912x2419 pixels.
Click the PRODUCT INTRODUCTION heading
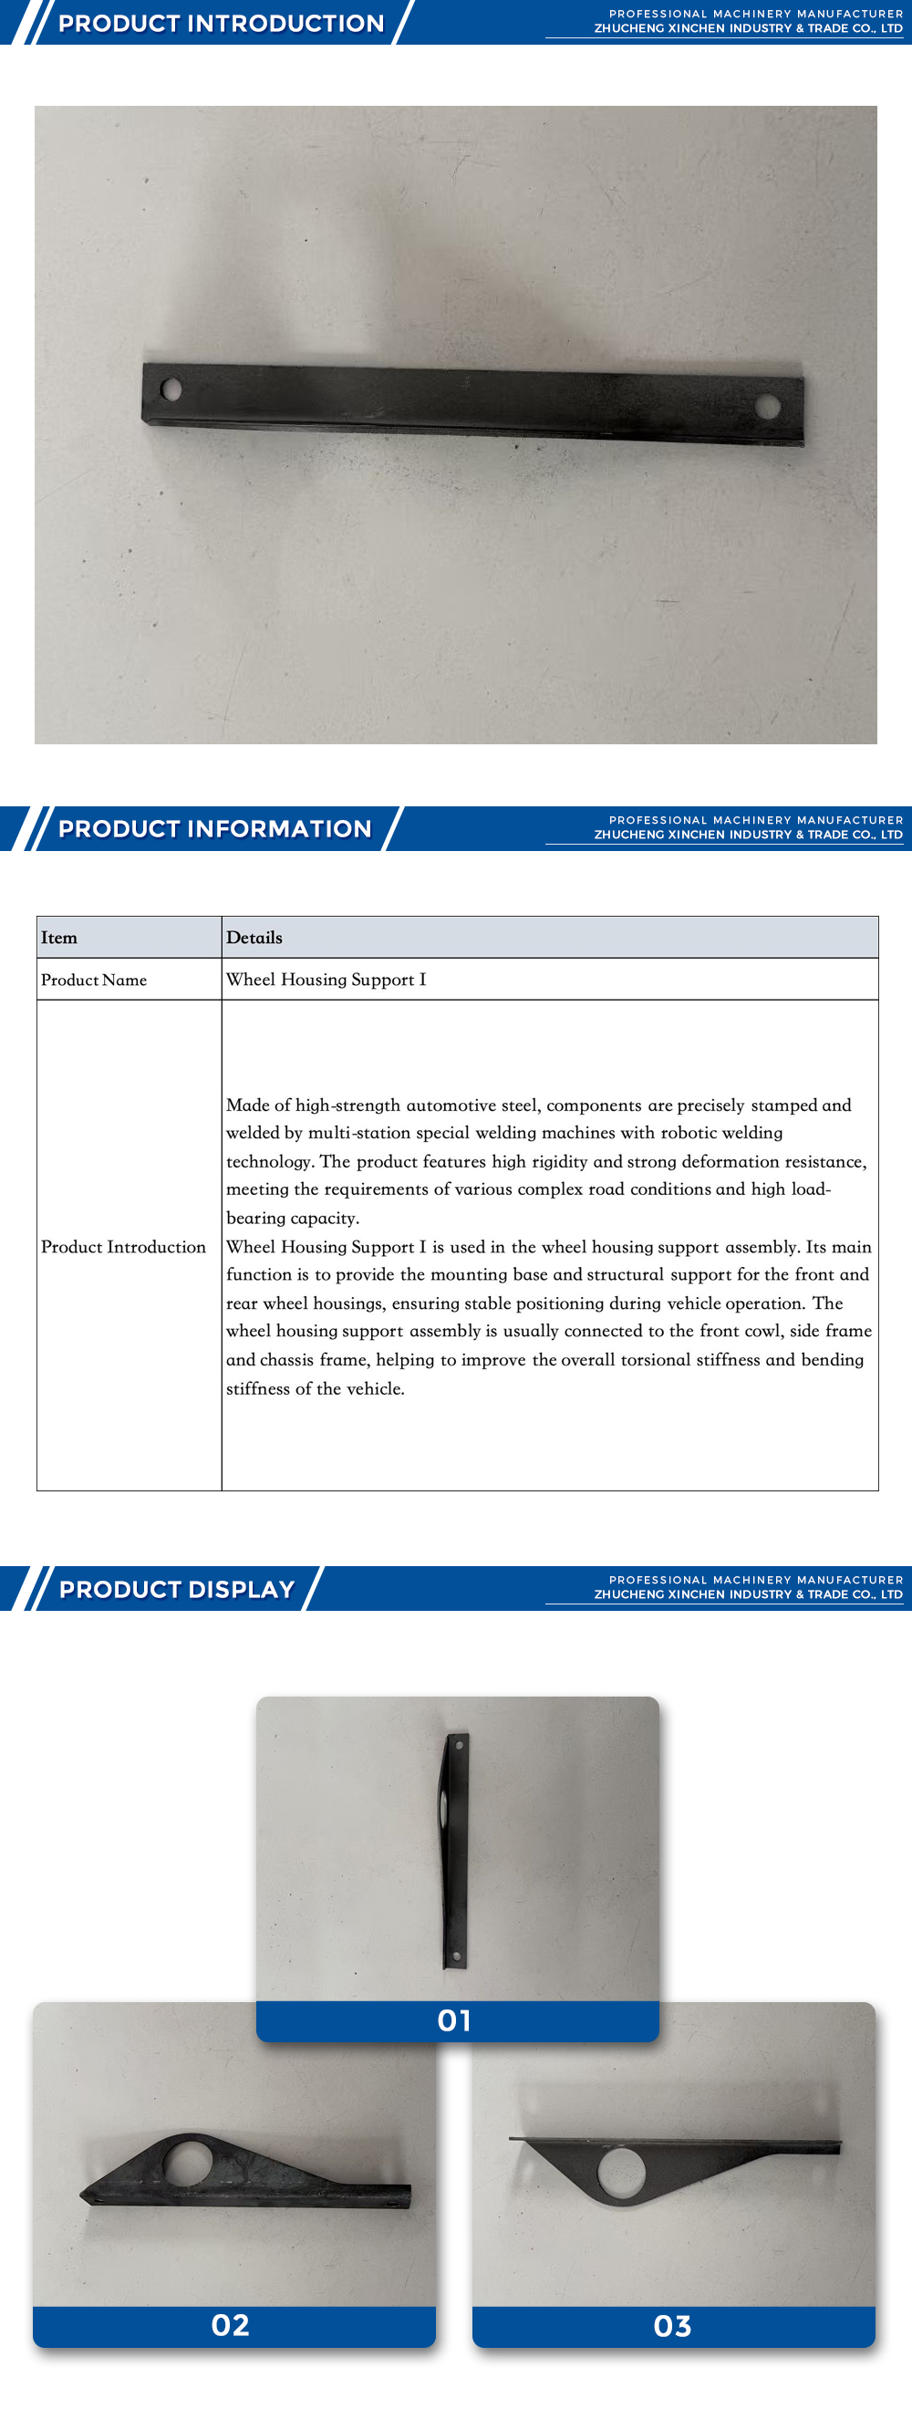tap(221, 24)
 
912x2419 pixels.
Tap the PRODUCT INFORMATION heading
tap(214, 828)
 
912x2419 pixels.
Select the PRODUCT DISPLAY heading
tap(177, 1589)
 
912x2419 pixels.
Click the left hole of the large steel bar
tap(171, 388)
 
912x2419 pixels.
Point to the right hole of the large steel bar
tap(767, 406)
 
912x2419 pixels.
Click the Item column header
tap(59, 937)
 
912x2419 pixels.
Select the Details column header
tap(254, 937)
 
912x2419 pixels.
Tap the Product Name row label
tap(94, 980)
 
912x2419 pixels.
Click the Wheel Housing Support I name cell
tap(326, 980)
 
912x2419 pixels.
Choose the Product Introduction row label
tap(123, 1246)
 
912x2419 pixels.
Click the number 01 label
tap(454, 2020)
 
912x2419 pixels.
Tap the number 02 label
tap(230, 2325)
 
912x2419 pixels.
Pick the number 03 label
tap(672, 2326)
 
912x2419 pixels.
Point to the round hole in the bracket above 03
tap(621, 2173)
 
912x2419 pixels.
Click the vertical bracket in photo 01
tap(454, 1850)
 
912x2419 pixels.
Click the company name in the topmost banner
tap(748, 29)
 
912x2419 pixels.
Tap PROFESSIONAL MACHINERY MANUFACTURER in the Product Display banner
tap(755, 1580)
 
